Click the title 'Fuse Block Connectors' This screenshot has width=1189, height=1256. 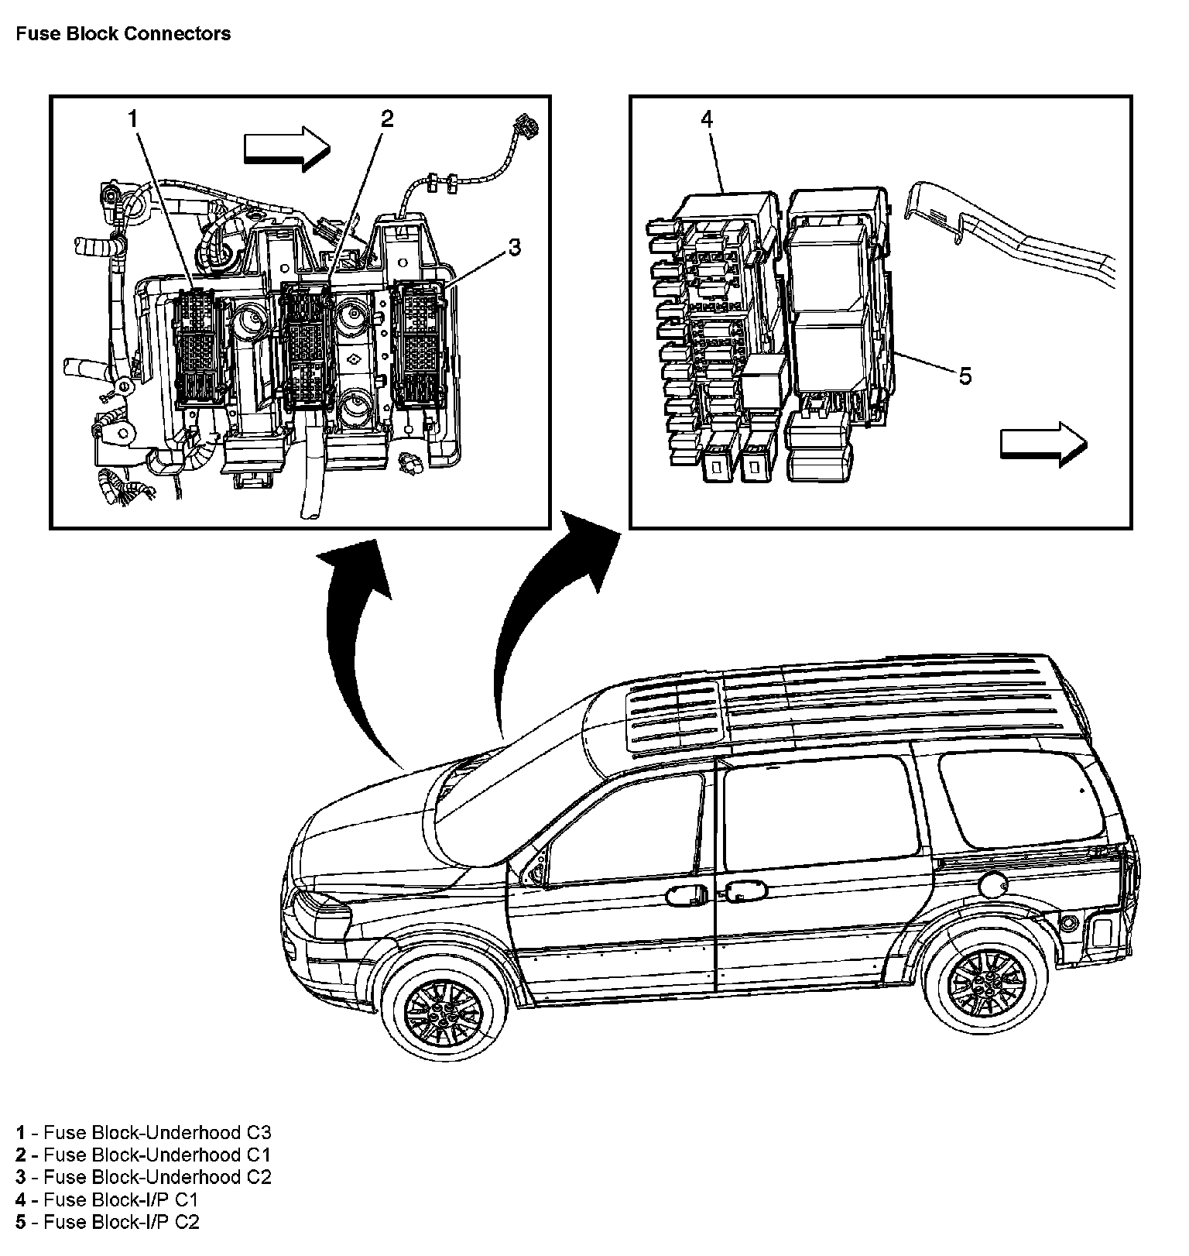(123, 34)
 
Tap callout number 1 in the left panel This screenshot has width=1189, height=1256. (133, 118)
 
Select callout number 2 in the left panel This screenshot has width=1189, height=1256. (387, 118)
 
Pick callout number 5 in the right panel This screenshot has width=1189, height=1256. (965, 376)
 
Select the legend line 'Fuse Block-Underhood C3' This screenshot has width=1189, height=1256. (143, 1133)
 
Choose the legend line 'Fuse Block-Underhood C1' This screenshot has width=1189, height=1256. (143, 1155)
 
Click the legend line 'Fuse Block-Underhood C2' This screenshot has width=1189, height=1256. (143, 1178)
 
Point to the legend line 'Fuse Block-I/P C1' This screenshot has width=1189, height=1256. (107, 1200)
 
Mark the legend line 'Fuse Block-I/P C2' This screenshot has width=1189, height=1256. (107, 1223)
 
